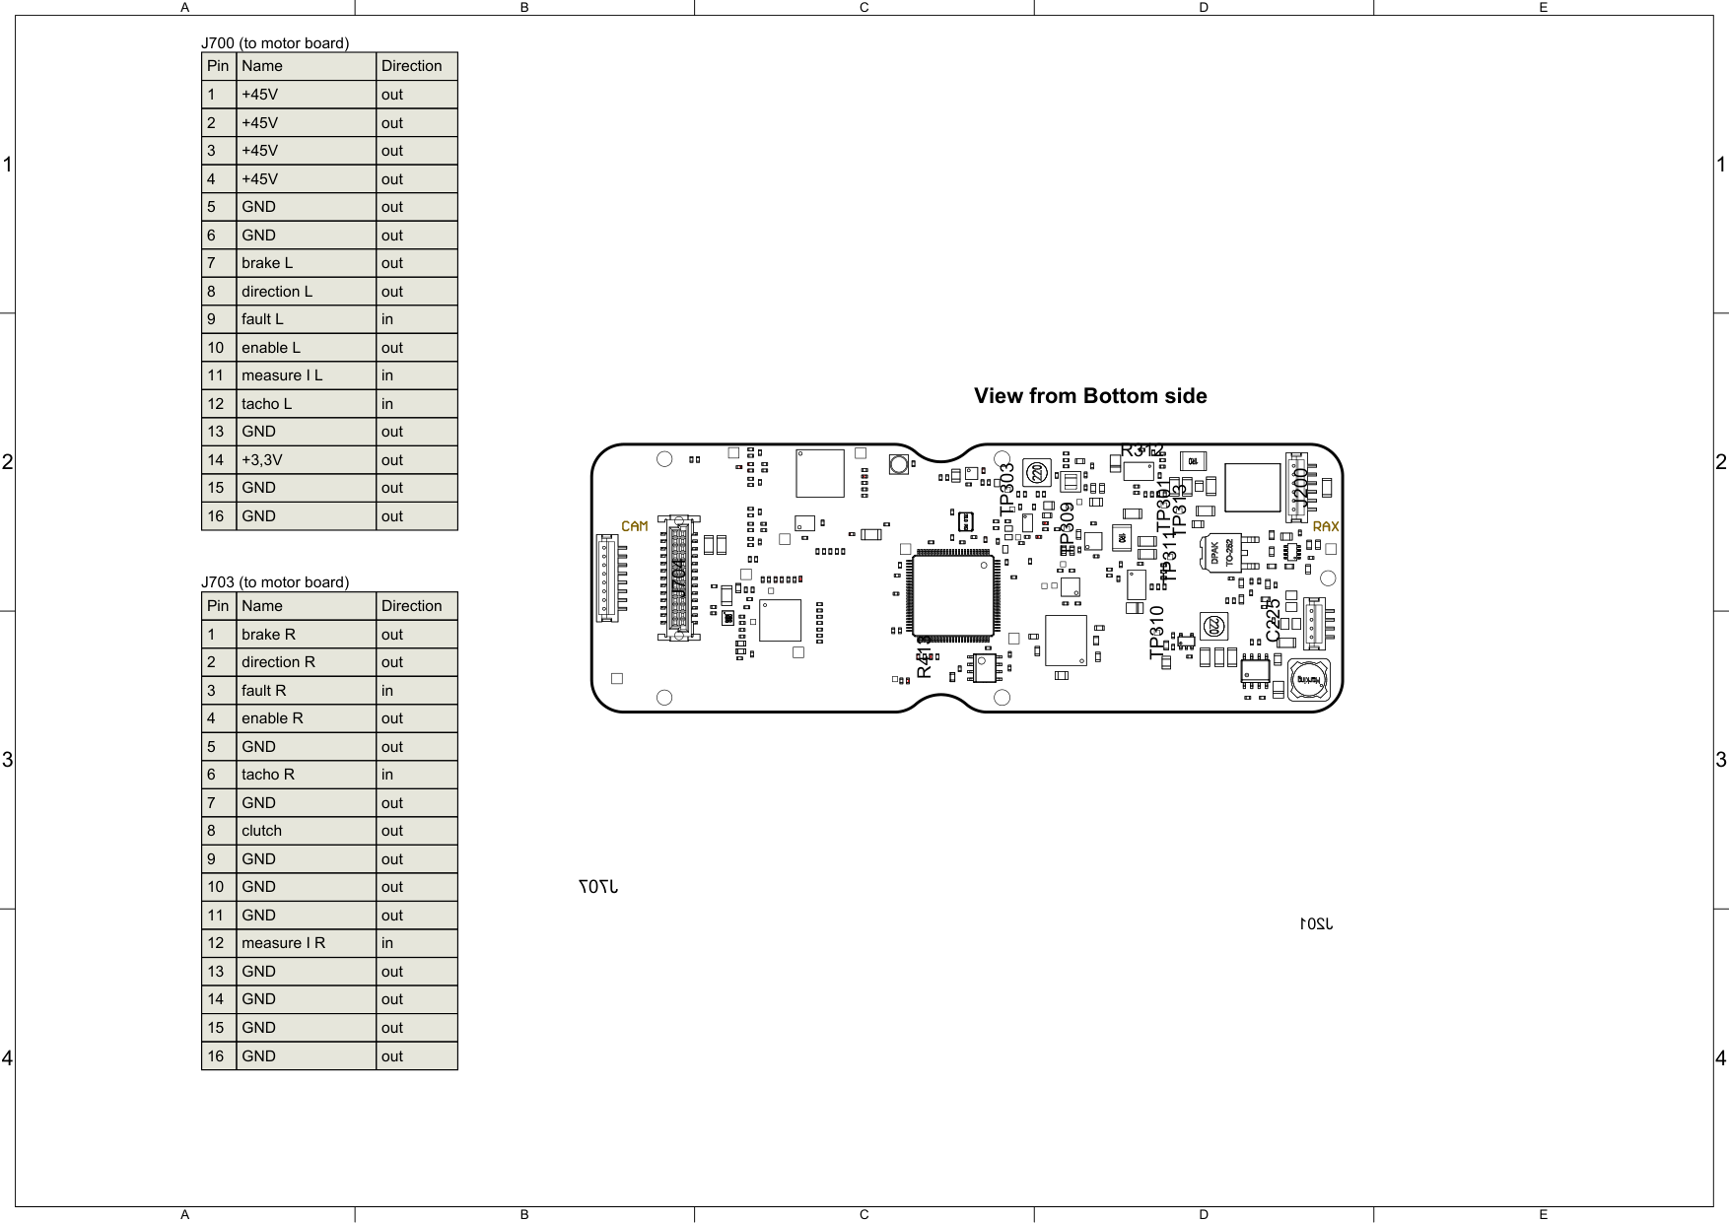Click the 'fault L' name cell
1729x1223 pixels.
coord(306,319)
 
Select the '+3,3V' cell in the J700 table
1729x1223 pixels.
coord(306,459)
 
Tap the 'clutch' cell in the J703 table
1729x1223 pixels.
coord(306,831)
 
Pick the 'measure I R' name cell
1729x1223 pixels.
coord(306,943)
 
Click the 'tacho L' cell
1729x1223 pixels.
coord(306,404)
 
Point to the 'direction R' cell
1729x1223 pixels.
coord(306,662)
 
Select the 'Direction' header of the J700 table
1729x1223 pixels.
coord(415,66)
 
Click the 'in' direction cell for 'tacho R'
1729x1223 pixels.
coord(415,775)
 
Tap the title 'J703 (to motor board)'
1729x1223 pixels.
coord(275,582)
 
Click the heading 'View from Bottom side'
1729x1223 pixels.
coord(1090,396)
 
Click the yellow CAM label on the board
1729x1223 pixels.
coord(635,526)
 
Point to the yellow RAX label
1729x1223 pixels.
coord(1326,527)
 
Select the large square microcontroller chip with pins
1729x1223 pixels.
coord(953,596)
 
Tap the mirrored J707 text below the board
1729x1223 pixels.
coord(598,887)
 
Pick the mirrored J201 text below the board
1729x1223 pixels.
coord(1315,923)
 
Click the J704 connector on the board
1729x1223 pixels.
coord(678,578)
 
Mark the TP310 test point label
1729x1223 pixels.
coord(1157,631)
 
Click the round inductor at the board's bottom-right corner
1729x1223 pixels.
coord(1308,681)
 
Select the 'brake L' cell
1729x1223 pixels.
coord(306,263)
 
